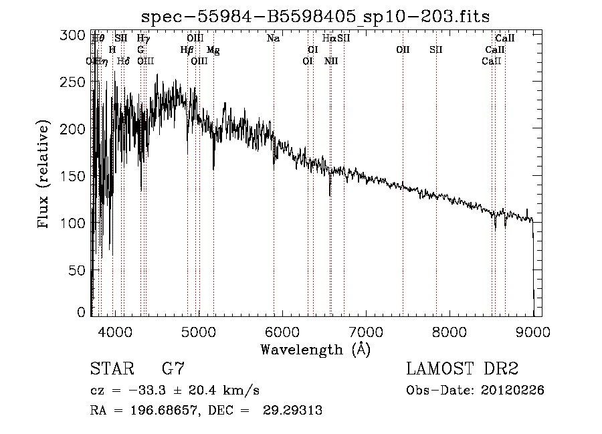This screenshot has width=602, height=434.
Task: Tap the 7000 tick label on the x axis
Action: click(x=365, y=330)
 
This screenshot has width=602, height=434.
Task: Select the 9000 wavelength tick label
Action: click(x=533, y=330)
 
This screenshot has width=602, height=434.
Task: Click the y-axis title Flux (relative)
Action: click(x=45, y=175)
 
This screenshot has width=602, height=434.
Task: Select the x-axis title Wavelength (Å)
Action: click(x=315, y=349)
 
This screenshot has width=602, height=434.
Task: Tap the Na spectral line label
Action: click(x=273, y=39)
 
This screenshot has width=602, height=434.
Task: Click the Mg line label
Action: click(x=213, y=50)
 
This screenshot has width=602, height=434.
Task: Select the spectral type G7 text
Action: click(x=173, y=368)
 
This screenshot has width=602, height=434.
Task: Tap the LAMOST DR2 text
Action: click(x=462, y=368)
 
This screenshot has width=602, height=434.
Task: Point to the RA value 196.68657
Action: click(x=156, y=411)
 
